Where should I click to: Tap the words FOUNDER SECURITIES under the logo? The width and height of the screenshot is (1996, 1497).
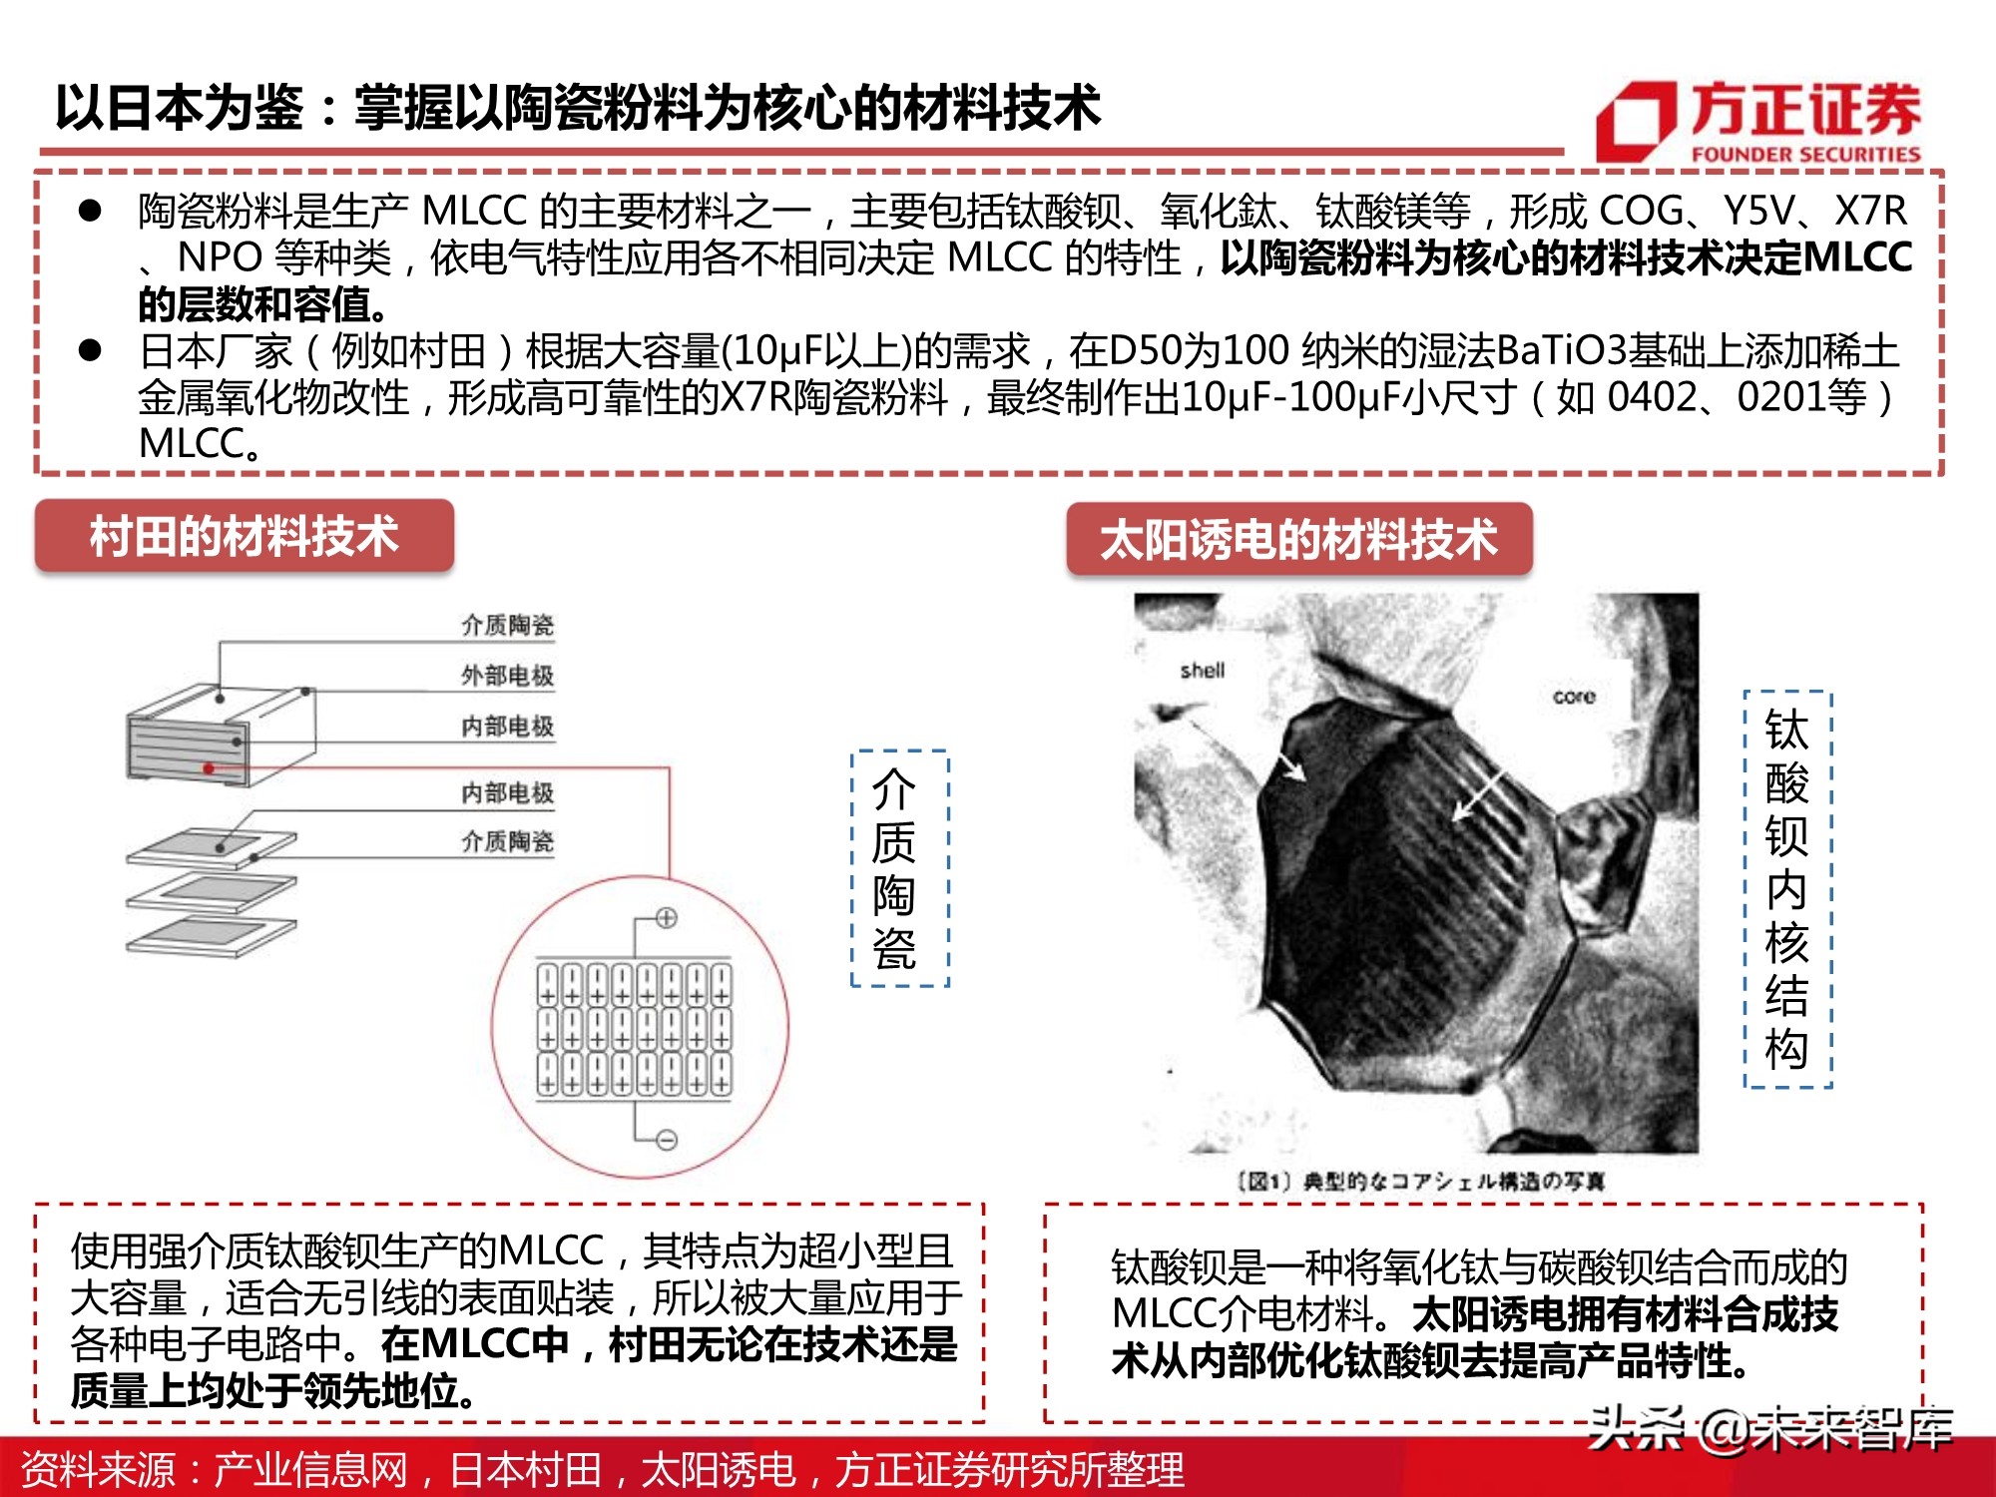point(1805,155)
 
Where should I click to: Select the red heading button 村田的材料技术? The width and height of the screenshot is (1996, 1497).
point(245,536)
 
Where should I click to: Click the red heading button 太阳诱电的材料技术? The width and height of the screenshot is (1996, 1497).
point(1298,540)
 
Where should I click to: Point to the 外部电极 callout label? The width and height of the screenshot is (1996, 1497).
point(507,676)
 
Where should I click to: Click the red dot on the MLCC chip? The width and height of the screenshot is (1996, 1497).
point(209,768)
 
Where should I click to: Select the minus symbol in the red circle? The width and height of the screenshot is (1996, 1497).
point(667,1140)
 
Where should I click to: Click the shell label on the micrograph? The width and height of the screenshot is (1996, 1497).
point(1202,671)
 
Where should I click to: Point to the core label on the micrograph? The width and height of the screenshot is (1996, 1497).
point(1574,697)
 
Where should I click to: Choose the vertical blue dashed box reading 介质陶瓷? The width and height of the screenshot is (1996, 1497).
point(898,868)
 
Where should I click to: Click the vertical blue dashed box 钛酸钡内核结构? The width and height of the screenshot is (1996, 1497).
point(1786,888)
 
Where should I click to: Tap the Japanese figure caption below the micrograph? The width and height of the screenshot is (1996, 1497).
point(1421,1182)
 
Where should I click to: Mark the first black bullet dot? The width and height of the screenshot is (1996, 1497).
point(91,211)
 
